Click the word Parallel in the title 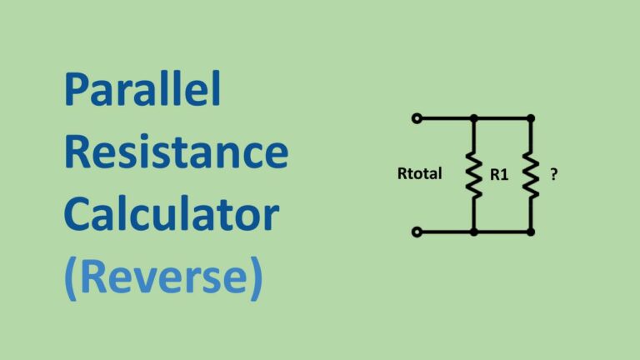142,88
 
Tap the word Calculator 172,213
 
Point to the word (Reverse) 163,277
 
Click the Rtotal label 420,173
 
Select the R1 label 499,175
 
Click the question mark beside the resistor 554,174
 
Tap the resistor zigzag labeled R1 474,176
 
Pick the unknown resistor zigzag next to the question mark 531,176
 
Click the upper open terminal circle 417,118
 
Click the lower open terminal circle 417,232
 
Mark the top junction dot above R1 474,118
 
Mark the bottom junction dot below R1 474,232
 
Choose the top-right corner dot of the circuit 531,118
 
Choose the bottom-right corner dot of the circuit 531,232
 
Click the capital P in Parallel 75,89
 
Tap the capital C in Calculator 78,214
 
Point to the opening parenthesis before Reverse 70,279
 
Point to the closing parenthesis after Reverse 257,279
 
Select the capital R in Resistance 77,152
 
